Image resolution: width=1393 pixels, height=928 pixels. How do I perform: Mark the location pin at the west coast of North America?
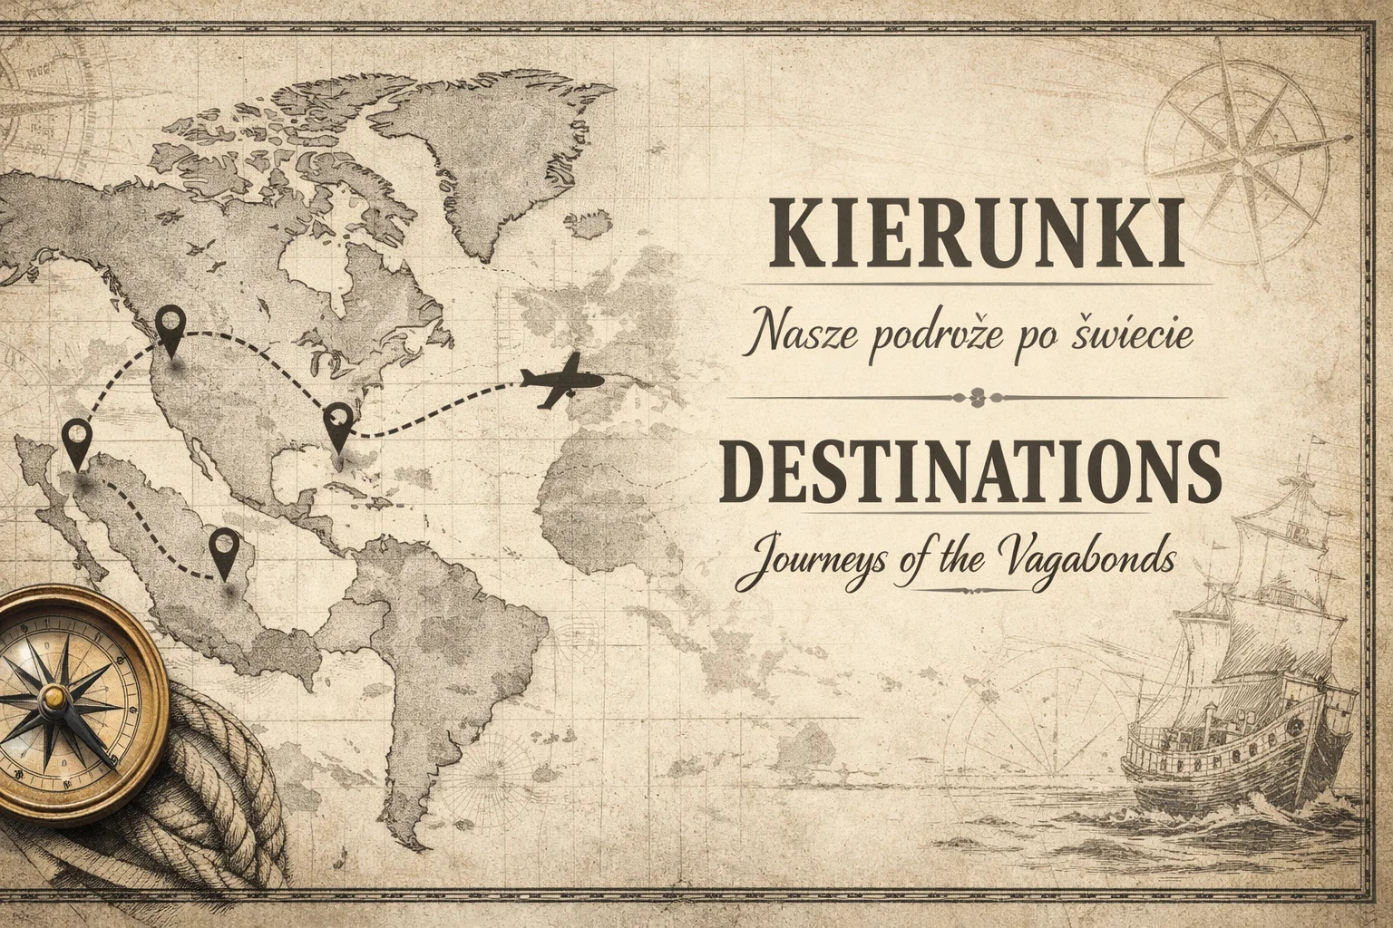pyautogui.click(x=170, y=326)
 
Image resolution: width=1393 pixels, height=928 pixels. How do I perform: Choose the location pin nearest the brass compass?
pyautogui.click(x=223, y=550)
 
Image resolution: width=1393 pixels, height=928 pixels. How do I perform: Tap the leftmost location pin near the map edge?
pyautogui.click(x=77, y=440)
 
